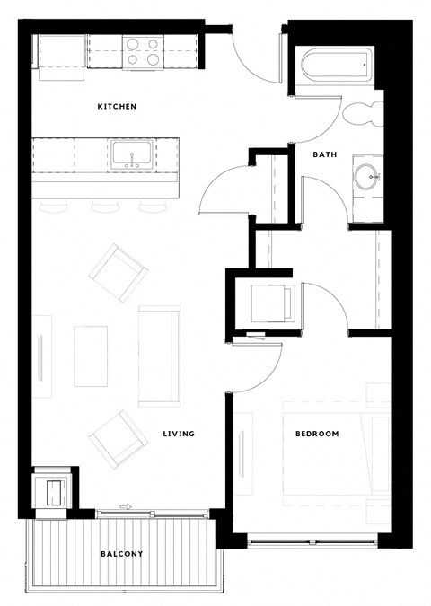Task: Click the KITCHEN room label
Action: point(117,107)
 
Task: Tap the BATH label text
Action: point(324,154)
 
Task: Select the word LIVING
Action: point(179,434)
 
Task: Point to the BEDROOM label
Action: point(317,434)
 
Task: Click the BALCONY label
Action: point(121,554)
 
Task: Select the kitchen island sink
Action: point(132,154)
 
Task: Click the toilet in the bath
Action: point(365,114)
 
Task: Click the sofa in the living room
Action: point(159,356)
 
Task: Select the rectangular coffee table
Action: point(91,356)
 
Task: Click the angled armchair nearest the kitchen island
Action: point(119,271)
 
